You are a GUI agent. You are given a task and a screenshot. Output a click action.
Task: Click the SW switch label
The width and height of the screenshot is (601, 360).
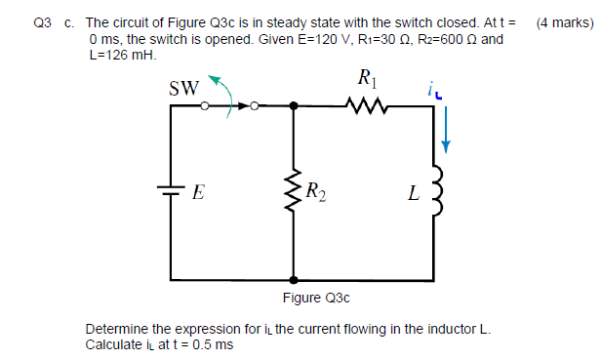click(184, 89)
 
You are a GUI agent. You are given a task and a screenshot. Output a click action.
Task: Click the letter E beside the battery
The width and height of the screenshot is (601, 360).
click(198, 192)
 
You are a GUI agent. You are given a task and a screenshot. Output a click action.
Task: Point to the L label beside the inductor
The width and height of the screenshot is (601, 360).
click(413, 193)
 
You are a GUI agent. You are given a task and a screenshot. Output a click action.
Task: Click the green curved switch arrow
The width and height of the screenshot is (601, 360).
click(225, 95)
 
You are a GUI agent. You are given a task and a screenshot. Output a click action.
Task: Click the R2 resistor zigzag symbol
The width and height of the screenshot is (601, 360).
click(293, 191)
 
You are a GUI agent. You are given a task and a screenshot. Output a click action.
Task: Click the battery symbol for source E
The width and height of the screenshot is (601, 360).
click(172, 191)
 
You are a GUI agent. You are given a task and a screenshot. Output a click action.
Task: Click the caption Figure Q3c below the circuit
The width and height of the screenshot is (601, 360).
click(315, 297)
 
